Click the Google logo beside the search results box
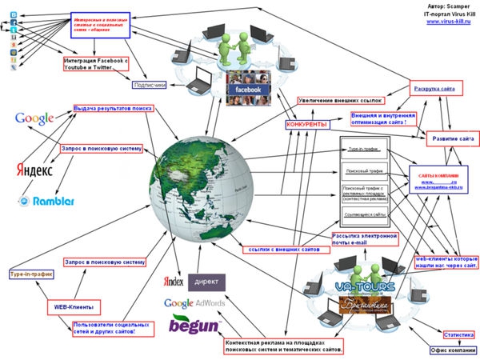(34, 119)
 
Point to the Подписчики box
(150, 84)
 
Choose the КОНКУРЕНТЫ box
(306, 125)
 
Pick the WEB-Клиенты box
(74, 306)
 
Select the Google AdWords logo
(194, 302)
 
